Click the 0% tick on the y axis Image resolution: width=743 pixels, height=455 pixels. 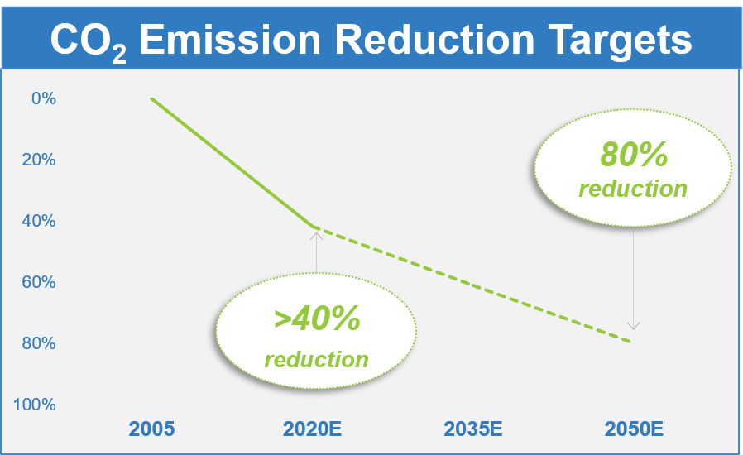point(43,98)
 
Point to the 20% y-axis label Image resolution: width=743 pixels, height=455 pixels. point(40,160)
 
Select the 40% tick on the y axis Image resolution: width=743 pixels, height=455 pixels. point(40,221)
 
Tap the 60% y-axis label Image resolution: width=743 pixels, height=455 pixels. point(40,282)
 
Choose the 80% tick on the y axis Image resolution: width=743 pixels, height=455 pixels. point(40,343)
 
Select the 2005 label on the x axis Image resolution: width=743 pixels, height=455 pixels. point(152,429)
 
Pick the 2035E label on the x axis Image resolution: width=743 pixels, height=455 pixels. point(473,429)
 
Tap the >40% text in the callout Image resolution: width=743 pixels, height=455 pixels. point(317,318)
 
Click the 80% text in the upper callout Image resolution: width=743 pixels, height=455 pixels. point(633,155)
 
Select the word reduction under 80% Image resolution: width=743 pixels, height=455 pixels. point(633,189)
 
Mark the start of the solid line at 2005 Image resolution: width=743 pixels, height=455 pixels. point(151,98)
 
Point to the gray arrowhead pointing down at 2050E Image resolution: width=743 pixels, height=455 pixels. point(633,326)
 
